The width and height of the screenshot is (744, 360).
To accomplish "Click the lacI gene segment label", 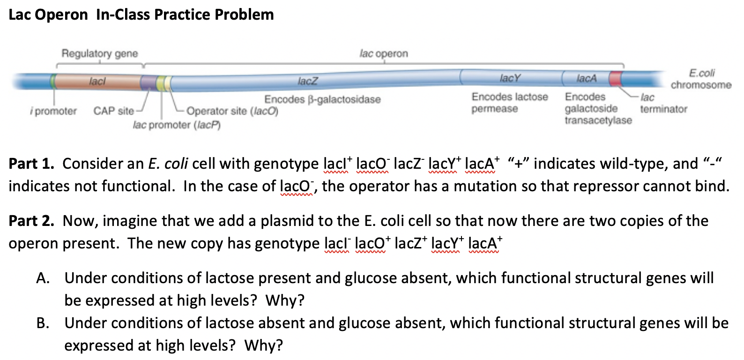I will coord(97,81).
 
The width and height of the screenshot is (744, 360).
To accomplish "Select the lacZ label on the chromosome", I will coord(308,81).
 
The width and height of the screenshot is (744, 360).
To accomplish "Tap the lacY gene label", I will coord(510,78).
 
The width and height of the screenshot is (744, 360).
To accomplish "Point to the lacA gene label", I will coord(586,78).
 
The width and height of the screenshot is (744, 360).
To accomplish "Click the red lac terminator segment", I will coord(616,78).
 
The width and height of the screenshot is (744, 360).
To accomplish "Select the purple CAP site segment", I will coord(149,82).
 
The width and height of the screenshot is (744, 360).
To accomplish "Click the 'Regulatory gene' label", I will coord(100,53).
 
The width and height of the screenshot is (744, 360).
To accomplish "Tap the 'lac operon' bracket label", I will coord(384,53).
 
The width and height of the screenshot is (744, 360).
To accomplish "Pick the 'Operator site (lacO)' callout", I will coord(232,111).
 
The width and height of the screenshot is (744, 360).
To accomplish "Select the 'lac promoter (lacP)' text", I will coord(177,125).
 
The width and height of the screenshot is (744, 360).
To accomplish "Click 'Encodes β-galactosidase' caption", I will coord(322,99).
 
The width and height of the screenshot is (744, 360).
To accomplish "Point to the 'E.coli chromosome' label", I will coord(701,79).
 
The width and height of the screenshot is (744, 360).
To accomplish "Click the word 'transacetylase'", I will coord(598,121).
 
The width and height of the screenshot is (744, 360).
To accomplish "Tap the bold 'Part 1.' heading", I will coord(31,164).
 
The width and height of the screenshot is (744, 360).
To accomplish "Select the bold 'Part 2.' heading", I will coord(31,221).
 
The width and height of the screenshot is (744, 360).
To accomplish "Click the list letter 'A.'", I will coord(43,278).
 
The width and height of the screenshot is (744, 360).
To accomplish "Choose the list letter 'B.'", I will coord(43,323).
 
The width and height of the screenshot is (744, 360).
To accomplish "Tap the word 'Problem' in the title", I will coord(244,15).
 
